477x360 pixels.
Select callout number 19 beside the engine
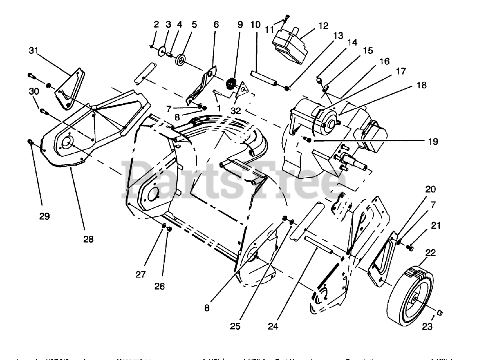(433, 141)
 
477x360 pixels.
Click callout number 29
(44, 216)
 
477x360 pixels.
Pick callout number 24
(273, 326)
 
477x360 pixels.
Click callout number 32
(236, 110)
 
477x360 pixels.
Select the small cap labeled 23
(439, 312)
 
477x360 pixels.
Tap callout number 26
(159, 286)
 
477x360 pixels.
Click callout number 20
(430, 189)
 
